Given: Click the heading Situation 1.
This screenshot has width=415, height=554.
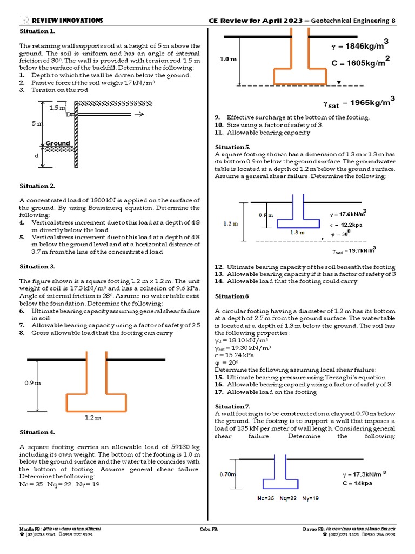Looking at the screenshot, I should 37,31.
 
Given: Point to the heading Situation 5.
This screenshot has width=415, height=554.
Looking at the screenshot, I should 232,147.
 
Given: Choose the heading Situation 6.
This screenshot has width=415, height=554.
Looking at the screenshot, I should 232,296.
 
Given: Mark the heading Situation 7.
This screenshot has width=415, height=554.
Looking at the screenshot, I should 232,407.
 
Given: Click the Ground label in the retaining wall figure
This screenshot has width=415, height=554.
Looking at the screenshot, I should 58,143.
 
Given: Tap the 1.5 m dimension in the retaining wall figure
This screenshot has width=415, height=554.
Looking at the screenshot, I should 57,108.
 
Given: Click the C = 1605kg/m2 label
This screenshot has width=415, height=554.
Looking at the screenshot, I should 360,63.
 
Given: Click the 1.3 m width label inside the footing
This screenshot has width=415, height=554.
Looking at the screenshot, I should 298,232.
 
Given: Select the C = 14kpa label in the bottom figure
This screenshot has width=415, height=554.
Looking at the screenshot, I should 356,483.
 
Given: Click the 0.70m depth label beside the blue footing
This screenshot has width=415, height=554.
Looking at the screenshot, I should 227,474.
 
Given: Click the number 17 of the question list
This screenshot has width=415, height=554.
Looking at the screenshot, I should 219,392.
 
